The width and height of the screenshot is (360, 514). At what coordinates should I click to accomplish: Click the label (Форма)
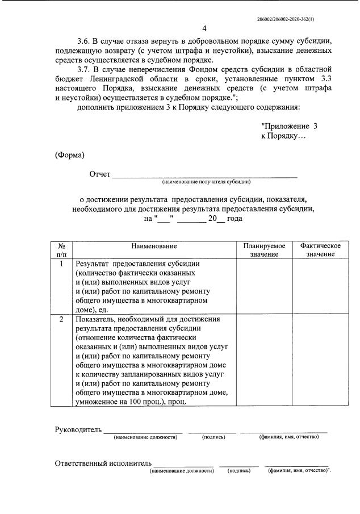[69, 156]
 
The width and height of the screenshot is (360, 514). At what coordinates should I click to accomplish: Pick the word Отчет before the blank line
[99, 174]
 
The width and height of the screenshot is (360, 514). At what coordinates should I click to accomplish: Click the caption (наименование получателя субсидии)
[206, 182]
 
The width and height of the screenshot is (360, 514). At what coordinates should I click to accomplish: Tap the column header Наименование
[154, 246]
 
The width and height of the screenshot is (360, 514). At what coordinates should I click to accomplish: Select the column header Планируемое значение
[264, 250]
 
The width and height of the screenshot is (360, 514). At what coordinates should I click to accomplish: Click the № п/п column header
[61, 250]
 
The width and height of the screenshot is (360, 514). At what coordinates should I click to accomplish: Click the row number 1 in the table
[61, 264]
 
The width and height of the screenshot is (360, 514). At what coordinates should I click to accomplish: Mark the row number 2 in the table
[61, 319]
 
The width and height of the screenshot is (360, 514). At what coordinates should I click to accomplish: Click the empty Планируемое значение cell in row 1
[264, 287]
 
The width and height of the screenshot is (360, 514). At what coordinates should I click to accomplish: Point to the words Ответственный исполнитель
[103, 463]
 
